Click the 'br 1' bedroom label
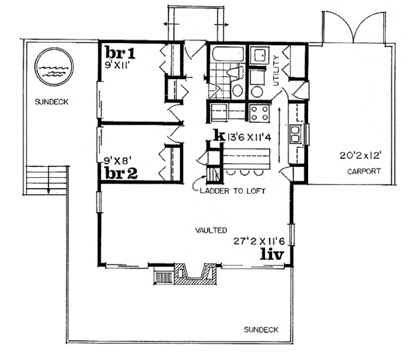121,52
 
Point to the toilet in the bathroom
236,87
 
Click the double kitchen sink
297,134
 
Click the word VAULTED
213,230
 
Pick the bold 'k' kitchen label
218,135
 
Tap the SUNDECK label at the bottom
261,329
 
